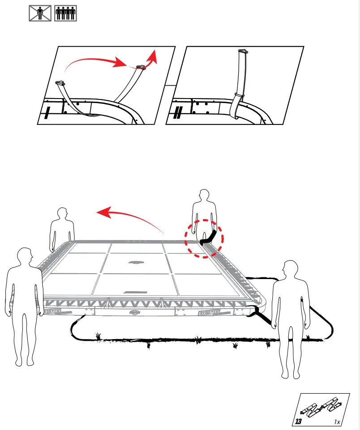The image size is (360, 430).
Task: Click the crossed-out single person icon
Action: (40, 13)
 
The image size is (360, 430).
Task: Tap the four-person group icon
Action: (65, 13)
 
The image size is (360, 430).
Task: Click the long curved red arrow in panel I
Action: (94, 60)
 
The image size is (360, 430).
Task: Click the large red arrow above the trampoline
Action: (130, 215)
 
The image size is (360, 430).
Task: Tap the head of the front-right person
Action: (289, 270)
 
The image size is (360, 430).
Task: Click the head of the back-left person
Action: (61, 214)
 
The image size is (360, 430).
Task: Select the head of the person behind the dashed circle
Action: (204, 196)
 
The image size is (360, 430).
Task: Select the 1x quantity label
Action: (337, 422)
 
